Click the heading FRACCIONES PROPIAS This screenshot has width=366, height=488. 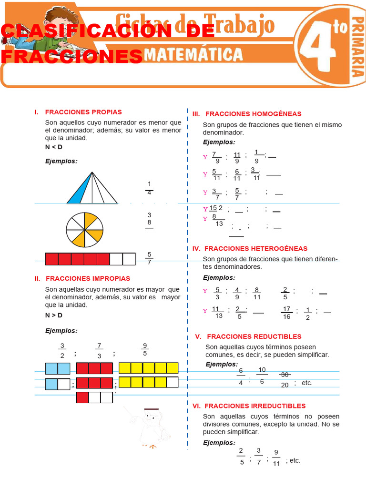coord(83,112)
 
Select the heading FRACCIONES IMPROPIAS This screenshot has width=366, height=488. coord(87,278)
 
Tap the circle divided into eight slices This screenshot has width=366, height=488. coord(84,230)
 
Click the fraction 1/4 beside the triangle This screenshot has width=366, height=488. coord(149,189)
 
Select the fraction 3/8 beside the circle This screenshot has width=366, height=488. coord(149,219)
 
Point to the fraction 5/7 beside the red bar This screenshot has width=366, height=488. coord(149,258)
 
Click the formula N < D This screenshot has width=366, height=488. coord(54,147)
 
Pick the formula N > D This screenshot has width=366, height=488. coord(54,315)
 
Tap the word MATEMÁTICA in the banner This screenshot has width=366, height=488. coord(193,54)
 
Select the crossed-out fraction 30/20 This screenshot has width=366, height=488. coord(285,380)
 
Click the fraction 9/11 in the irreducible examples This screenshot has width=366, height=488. coord(276,458)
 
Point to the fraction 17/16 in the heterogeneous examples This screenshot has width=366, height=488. coord(286,313)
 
